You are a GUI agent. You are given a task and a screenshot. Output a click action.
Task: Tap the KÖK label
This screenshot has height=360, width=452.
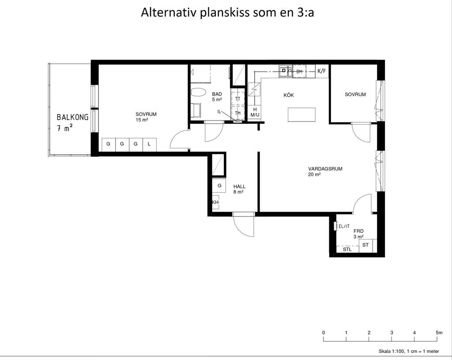click(289, 95)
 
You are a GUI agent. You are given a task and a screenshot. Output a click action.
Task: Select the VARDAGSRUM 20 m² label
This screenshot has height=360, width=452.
click(325, 171)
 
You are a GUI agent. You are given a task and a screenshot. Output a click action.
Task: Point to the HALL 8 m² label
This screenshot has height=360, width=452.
click(239, 189)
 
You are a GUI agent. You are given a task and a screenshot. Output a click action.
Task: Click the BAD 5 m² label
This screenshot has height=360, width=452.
click(217, 97)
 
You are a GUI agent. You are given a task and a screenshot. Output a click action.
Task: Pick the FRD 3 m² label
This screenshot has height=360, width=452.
click(358, 234)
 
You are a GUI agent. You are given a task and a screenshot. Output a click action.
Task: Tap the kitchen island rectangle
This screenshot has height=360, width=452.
click(301, 114)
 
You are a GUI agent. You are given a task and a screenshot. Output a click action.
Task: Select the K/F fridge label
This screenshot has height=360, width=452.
click(322, 71)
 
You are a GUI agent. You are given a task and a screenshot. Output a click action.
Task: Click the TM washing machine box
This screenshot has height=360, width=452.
click(238, 113)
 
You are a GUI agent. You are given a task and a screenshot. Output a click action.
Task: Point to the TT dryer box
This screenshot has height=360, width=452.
click(238, 99)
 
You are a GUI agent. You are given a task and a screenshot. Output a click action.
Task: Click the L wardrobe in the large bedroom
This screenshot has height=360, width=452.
click(149, 144)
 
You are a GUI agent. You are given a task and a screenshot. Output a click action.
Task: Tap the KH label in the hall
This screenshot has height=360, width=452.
click(215, 202)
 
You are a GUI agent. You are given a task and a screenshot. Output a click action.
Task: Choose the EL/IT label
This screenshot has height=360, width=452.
click(344, 227)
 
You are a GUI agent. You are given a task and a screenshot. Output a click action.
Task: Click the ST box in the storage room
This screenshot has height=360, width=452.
click(365, 245)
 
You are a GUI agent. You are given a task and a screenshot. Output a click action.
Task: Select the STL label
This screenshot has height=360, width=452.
click(347, 249)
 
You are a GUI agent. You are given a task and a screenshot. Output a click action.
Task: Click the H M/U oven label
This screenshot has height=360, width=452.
click(255, 112)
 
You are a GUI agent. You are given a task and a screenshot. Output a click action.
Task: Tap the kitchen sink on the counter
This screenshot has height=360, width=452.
click(286, 71)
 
